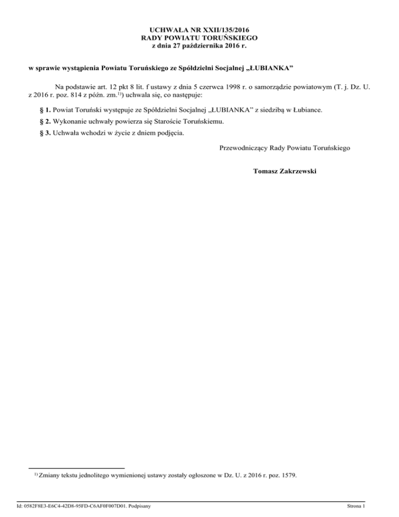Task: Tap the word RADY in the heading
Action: (152, 38)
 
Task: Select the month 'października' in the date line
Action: (197, 46)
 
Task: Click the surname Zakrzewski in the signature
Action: (301, 171)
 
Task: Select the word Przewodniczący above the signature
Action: (244, 148)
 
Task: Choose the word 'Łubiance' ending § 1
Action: (305, 111)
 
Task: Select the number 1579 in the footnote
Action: (287, 474)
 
